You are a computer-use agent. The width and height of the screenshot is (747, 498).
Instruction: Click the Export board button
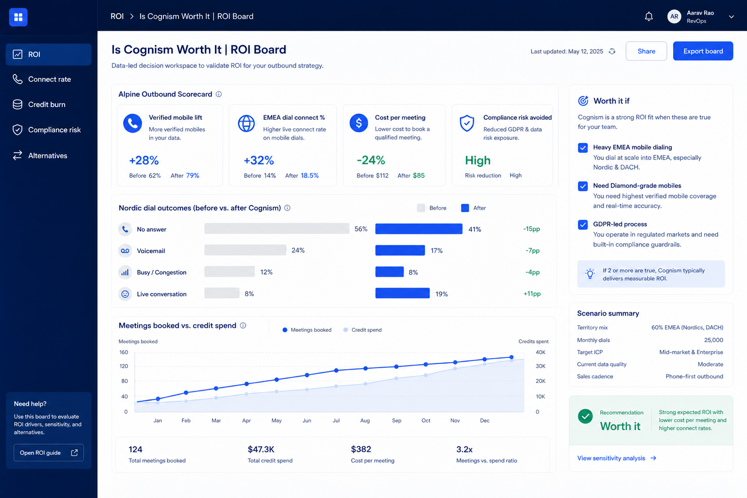703,51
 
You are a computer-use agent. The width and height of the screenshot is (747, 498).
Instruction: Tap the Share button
646,51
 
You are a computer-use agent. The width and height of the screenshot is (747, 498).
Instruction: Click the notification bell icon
649,17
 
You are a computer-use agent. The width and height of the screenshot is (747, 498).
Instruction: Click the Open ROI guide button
49,453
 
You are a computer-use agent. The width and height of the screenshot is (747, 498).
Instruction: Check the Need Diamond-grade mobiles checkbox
583,186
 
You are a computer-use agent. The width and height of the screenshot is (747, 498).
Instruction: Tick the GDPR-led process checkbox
583,225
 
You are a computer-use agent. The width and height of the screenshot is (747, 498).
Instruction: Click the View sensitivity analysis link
617,458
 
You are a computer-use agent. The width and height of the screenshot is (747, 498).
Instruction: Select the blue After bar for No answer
419,229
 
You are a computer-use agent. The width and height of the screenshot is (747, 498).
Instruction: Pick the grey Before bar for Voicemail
246,250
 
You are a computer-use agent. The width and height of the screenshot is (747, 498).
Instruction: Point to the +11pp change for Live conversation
532,294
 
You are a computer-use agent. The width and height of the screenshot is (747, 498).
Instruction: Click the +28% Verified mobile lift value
144,160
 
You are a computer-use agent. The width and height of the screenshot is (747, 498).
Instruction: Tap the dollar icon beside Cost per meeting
359,123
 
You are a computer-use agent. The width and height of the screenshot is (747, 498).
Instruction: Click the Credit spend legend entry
362,330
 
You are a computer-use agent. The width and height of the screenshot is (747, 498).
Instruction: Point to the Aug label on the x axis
365,421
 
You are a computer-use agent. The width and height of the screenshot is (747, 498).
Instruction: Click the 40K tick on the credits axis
540,352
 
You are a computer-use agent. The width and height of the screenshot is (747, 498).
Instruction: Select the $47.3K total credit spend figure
261,449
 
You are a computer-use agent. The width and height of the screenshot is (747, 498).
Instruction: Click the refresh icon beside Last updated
612,52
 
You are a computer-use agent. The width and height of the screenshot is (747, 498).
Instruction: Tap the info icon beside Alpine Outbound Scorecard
219,94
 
